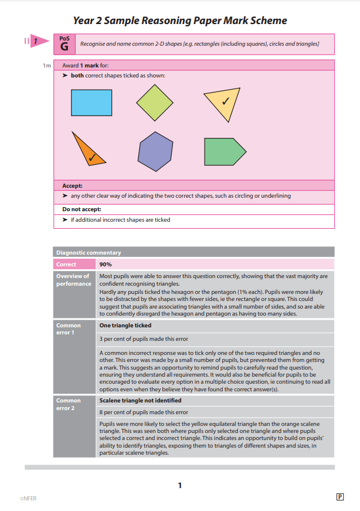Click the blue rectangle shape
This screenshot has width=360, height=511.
pos(91,102)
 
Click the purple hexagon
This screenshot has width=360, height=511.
pos(155,151)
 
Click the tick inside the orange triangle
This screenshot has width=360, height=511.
pos(93,157)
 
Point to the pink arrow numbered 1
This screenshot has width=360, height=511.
pos(37,41)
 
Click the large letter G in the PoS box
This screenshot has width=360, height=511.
pos(64,45)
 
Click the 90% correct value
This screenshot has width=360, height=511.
pos(106,265)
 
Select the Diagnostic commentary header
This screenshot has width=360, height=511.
pos(89,253)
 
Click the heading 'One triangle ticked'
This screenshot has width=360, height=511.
pos(125,325)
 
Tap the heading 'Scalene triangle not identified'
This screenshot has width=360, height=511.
pos(140,400)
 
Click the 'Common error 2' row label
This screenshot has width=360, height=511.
pos(68,404)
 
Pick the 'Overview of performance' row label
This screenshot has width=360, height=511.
pos(73,280)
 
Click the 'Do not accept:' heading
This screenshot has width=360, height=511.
pos(81,209)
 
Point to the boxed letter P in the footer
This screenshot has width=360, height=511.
pos(339,497)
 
